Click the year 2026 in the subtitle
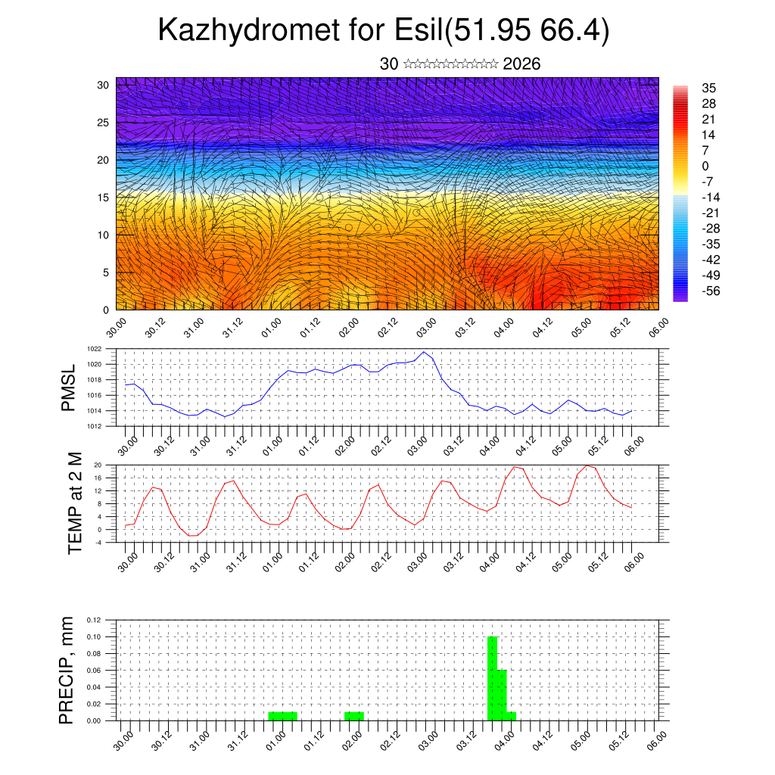tap(521, 64)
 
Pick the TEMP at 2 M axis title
tap(74, 503)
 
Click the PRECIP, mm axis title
tap(68, 669)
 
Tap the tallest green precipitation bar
tap(492, 678)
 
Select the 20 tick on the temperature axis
tap(98, 465)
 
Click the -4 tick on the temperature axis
tap(98, 542)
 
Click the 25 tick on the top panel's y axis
tap(104, 122)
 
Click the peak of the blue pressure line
tap(425, 353)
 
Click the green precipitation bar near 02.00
tap(354, 716)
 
